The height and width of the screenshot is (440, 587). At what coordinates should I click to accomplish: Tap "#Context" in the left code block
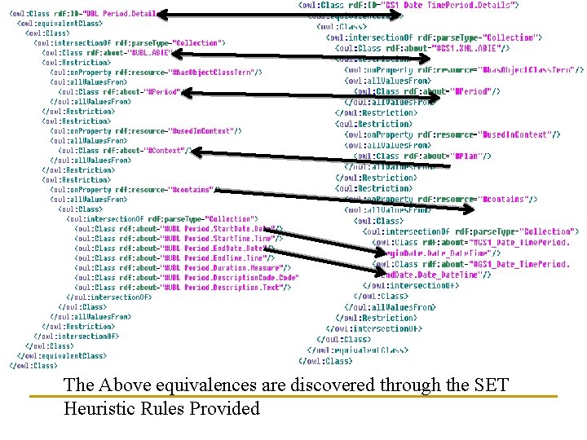coord(166,150)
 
